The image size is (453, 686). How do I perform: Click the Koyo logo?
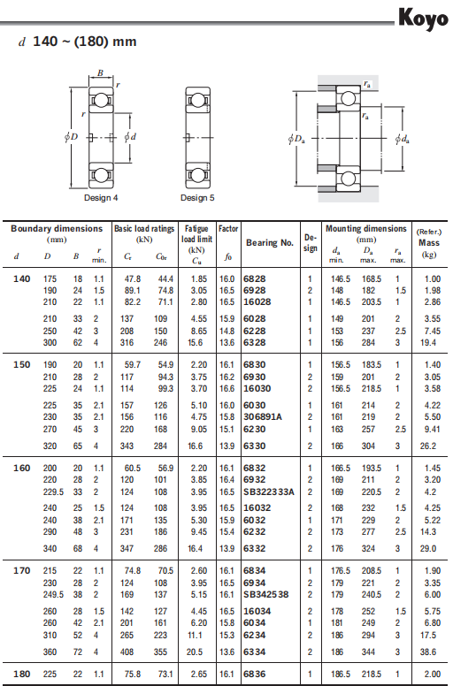point(423,19)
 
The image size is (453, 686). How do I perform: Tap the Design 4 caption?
point(101,198)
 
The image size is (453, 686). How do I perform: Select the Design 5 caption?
point(197,198)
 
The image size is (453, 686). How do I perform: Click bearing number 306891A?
point(263,417)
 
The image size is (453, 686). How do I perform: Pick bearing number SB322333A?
point(269,492)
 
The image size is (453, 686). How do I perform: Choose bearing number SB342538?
point(266,595)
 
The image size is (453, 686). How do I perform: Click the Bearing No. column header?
point(270,243)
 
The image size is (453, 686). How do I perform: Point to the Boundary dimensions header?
point(57,228)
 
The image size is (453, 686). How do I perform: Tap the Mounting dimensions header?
point(366,228)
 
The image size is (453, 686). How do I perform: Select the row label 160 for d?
point(21,469)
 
